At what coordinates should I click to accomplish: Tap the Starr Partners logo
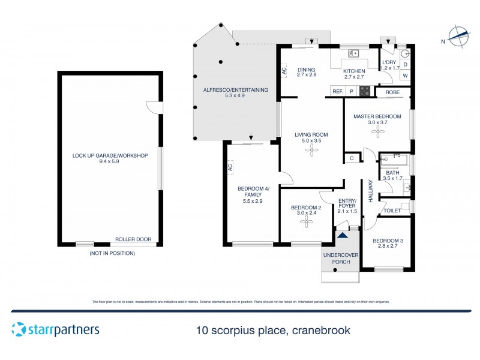click(55, 329)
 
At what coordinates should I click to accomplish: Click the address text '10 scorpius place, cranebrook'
click(273, 330)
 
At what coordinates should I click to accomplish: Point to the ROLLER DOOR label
click(133, 239)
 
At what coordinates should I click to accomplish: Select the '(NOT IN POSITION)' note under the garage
click(111, 253)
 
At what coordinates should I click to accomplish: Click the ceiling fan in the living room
click(312, 152)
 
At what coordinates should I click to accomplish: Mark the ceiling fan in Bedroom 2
click(307, 222)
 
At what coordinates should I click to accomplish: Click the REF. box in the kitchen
click(337, 91)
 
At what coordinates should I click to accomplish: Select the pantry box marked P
click(352, 91)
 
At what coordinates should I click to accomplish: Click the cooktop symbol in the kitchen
click(365, 91)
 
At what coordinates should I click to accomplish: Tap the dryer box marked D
click(405, 64)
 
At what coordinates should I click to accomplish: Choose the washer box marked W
click(405, 76)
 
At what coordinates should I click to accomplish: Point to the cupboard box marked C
click(352, 158)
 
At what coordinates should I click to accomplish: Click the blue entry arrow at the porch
click(342, 235)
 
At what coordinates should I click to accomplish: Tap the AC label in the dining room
click(284, 70)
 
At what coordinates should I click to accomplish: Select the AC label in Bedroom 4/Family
click(230, 169)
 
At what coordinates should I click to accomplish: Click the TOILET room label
click(392, 211)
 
